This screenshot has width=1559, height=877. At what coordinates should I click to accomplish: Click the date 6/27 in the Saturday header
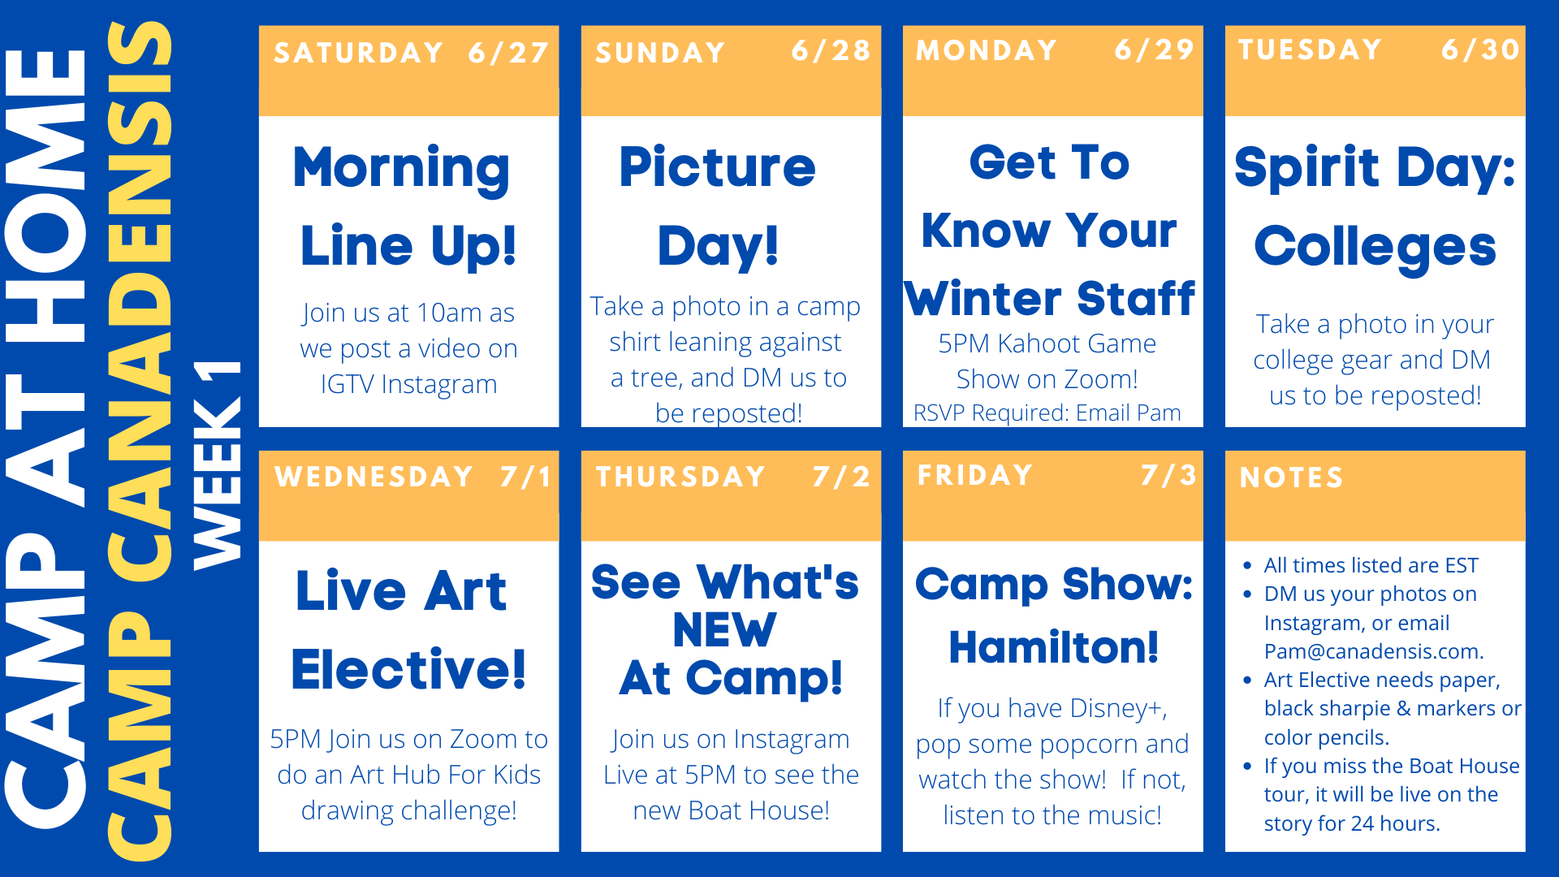[508, 53]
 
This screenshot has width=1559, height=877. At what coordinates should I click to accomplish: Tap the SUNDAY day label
[660, 53]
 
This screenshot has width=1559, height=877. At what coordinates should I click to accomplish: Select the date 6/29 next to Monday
[1154, 50]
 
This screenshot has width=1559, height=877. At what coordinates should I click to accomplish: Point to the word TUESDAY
[1310, 50]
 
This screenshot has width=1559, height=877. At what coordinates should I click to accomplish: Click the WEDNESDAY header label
[374, 476]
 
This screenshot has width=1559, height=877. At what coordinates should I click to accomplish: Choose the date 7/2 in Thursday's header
[841, 476]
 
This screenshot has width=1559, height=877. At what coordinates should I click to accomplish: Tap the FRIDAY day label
[975, 474]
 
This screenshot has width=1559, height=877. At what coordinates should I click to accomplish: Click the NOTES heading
[1291, 477]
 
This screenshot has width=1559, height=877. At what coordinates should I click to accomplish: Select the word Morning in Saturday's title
[402, 169]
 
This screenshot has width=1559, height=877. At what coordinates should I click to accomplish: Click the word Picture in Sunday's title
[717, 167]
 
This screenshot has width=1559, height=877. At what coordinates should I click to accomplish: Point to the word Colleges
[1375, 248]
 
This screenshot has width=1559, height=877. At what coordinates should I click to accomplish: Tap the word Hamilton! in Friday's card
[1054, 648]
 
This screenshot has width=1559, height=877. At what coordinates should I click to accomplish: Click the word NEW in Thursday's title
[725, 630]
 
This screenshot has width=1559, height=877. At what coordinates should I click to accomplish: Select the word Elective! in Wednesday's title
[408, 669]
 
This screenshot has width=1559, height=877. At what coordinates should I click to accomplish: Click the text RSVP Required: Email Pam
[1047, 413]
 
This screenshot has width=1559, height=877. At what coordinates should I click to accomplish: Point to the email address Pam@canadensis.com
[1373, 651]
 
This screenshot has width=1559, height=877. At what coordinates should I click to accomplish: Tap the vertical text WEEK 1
[217, 464]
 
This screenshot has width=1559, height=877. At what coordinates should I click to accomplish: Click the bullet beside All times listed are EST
[1247, 565]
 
